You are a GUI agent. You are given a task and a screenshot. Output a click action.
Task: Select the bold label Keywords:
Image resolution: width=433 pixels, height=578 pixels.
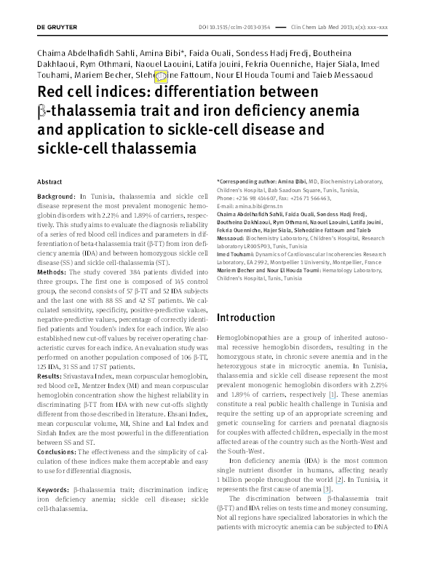(55, 462)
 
